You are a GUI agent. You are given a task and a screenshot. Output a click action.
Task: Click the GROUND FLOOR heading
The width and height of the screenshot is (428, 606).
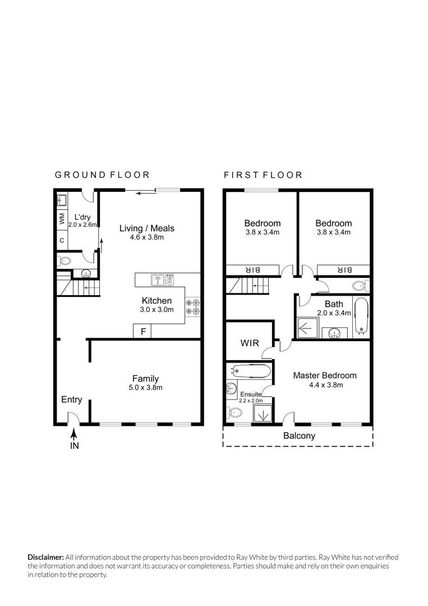tap(102, 175)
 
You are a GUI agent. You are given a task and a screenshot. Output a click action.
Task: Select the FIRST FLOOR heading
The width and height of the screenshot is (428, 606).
tap(263, 175)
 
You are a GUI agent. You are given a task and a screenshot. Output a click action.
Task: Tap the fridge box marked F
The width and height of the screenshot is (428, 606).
tap(143, 332)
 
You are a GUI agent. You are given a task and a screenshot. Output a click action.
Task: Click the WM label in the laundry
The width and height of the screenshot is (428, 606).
tap(62, 219)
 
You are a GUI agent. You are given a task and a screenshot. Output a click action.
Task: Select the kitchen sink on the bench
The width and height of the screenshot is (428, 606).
tap(159, 278)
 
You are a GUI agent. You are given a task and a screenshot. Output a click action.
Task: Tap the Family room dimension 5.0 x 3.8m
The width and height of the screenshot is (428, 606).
tap(145, 388)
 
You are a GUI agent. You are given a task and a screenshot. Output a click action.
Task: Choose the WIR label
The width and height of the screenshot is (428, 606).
tap(249, 343)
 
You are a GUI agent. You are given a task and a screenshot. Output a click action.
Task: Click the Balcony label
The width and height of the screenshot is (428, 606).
tap(298, 435)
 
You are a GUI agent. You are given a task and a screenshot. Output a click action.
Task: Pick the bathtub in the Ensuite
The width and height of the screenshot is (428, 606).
tap(251, 371)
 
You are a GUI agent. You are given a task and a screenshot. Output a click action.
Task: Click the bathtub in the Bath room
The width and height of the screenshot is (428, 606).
tap(361, 316)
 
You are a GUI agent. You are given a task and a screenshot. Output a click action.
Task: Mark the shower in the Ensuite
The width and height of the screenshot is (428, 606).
tap(263, 414)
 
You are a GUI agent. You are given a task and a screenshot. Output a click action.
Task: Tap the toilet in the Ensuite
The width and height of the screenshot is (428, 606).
tap(235, 414)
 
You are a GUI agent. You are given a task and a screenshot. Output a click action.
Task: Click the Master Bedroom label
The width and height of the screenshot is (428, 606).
tap(324, 375)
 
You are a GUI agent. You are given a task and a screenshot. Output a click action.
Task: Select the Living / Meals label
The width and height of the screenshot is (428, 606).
tap(147, 228)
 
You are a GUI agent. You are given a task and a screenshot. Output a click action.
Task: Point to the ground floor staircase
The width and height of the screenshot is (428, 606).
tap(79, 288)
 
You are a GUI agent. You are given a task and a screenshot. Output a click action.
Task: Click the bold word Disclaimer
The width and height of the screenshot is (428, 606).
tap(46, 557)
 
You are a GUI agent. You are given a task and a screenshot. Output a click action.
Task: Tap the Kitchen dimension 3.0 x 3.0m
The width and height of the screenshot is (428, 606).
tap(157, 310)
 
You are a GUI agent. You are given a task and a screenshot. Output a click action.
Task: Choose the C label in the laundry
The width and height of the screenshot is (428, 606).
tap(62, 241)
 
